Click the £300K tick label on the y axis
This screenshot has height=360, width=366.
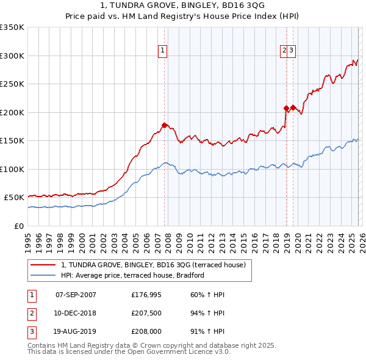tap(12, 56)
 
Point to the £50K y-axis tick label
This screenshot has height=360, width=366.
tap(14, 198)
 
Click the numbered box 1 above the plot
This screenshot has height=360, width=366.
tap(163, 51)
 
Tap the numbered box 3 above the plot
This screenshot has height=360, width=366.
tap(292, 51)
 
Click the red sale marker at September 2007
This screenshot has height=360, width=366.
tap(164, 125)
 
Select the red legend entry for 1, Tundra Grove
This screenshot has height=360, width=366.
tap(153, 265)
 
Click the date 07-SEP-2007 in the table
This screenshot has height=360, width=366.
tap(76, 295)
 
